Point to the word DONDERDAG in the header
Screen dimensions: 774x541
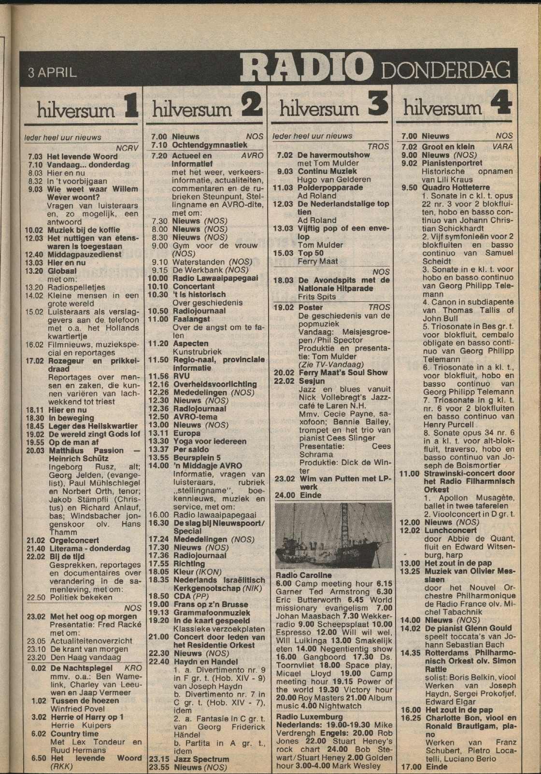445,71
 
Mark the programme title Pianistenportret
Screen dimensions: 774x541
452,163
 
